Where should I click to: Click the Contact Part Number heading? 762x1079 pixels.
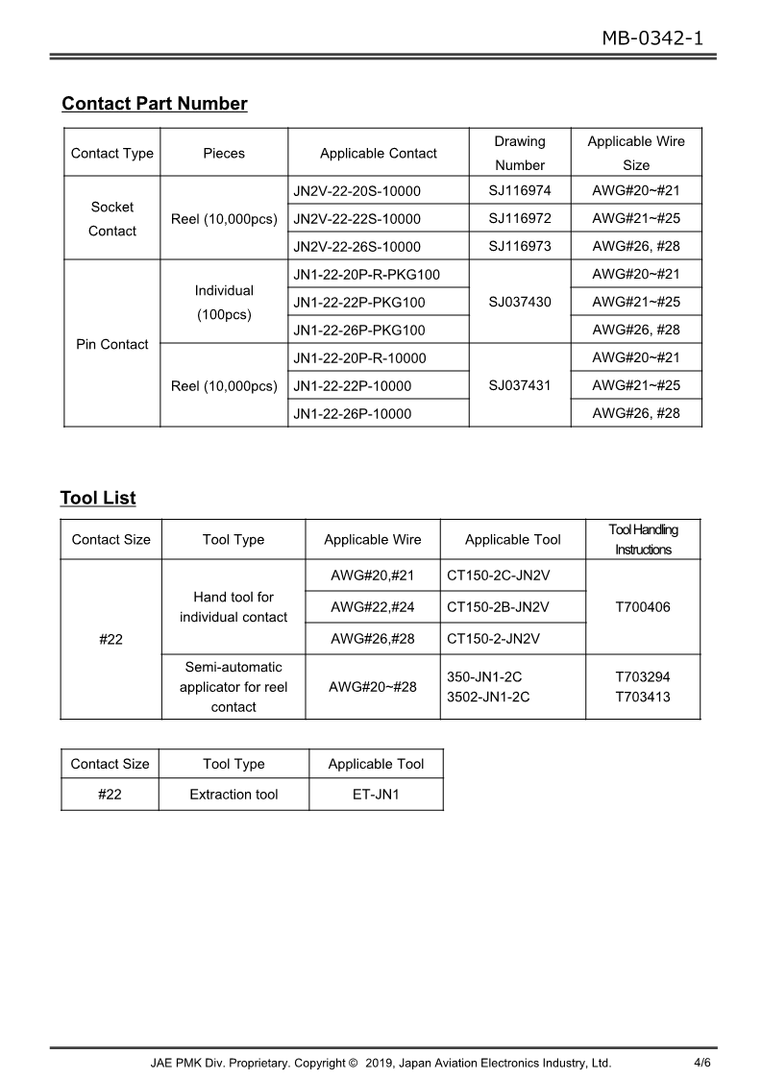tap(154, 104)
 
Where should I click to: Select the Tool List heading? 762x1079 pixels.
tap(98, 498)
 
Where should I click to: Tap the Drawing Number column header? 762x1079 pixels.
tap(519, 153)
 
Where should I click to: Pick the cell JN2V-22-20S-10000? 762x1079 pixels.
tap(356, 191)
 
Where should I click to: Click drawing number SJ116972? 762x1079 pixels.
tap(519, 218)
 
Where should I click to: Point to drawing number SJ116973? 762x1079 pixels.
tap(519, 246)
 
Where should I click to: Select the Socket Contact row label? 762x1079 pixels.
tap(111, 219)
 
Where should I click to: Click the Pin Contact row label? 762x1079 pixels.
tap(111, 344)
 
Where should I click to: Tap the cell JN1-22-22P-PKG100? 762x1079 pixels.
tap(358, 303)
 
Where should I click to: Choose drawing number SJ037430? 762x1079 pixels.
tap(519, 302)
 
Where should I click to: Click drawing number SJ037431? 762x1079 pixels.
tap(519, 385)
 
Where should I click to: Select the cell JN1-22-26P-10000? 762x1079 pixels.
tap(352, 414)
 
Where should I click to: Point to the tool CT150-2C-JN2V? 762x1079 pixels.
tap(498, 576)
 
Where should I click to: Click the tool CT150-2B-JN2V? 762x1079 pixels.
tap(498, 607)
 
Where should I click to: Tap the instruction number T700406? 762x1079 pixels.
tap(643, 607)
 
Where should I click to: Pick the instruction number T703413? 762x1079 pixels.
tap(643, 697)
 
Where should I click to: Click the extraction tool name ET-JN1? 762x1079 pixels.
tap(376, 795)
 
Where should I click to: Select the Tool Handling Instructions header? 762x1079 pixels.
tap(643, 540)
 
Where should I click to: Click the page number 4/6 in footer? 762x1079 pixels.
tap(701, 1063)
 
